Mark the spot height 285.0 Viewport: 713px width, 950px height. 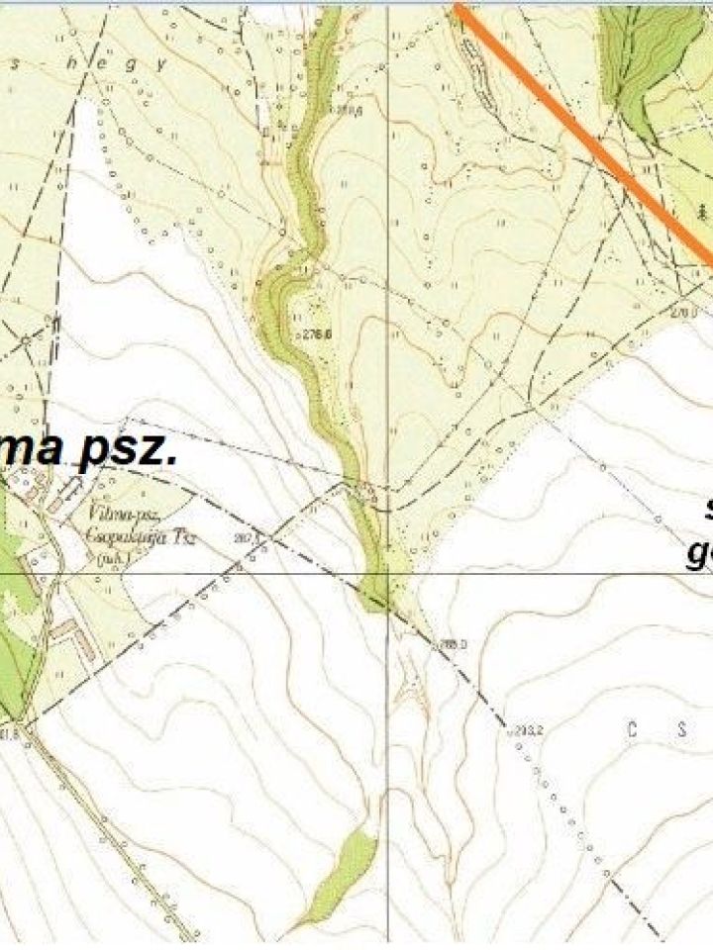[453, 643]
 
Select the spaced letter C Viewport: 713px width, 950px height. [629, 730]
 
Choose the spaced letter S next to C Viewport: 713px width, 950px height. [681, 730]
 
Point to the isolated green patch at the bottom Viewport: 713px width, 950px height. [342, 871]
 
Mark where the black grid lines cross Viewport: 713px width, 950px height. [387, 572]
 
